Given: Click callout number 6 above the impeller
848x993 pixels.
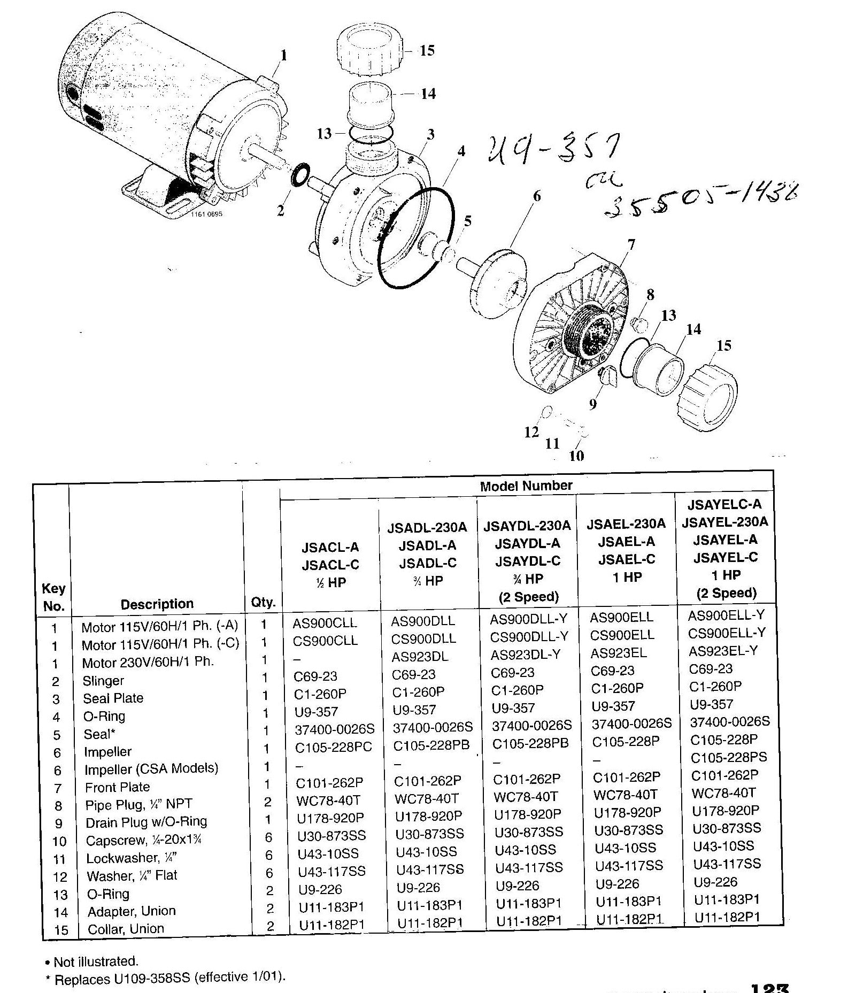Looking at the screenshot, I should (x=536, y=196).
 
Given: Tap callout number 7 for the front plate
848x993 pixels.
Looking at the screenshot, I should (x=631, y=245).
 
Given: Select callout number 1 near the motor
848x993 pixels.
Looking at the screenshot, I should (x=283, y=55).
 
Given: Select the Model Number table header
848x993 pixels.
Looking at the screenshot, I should (x=526, y=486).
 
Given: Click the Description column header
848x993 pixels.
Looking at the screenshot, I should (x=157, y=604).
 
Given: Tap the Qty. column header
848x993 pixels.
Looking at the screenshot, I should (x=263, y=603).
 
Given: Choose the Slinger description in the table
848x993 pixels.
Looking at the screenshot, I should (x=103, y=681).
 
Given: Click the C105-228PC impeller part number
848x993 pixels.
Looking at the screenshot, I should (x=333, y=747).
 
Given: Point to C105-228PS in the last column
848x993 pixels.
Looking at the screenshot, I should (x=728, y=757).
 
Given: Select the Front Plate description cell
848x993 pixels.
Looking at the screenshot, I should (x=117, y=787).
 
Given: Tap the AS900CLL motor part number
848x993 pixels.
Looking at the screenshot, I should (x=325, y=623).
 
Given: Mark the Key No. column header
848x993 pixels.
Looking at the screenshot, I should (x=53, y=597).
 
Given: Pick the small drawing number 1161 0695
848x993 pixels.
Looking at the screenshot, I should (x=206, y=214).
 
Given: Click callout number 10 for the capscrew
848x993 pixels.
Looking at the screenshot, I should (x=576, y=456).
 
